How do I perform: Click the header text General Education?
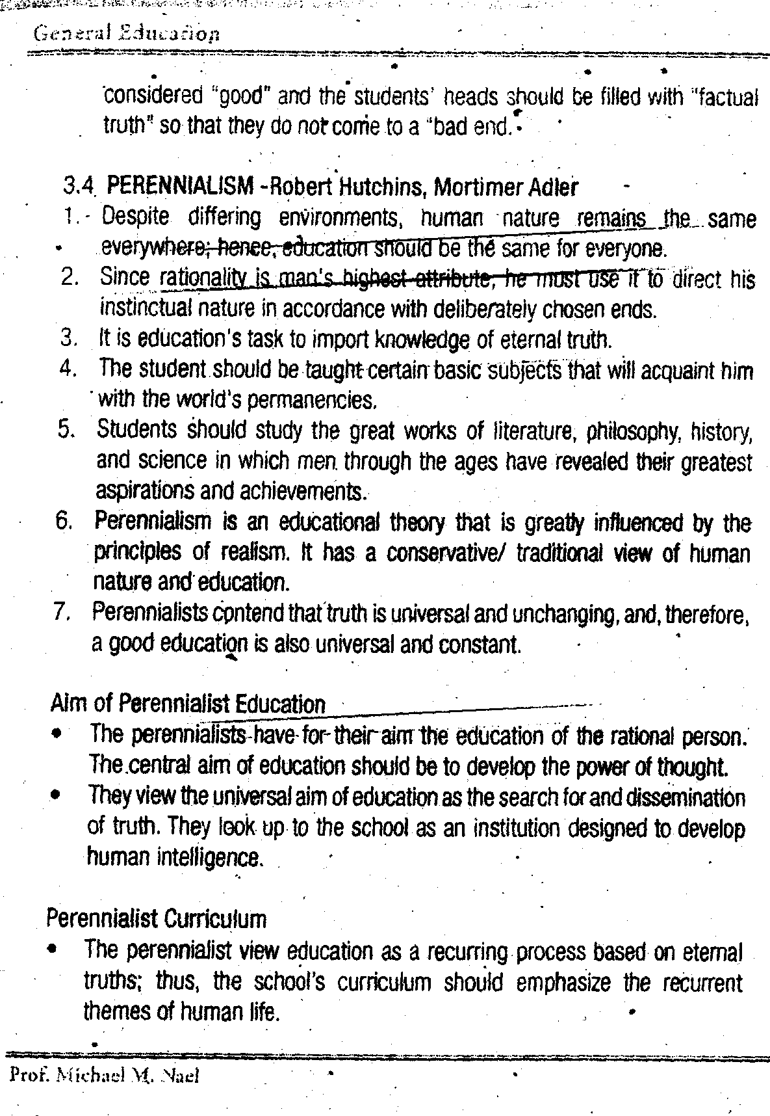coord(127,34)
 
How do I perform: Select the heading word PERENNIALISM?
coord(180,187)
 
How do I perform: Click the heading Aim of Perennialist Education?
coord(188,704)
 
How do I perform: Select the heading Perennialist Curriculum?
coord(157,919)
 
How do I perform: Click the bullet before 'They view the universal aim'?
coord(57,795)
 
